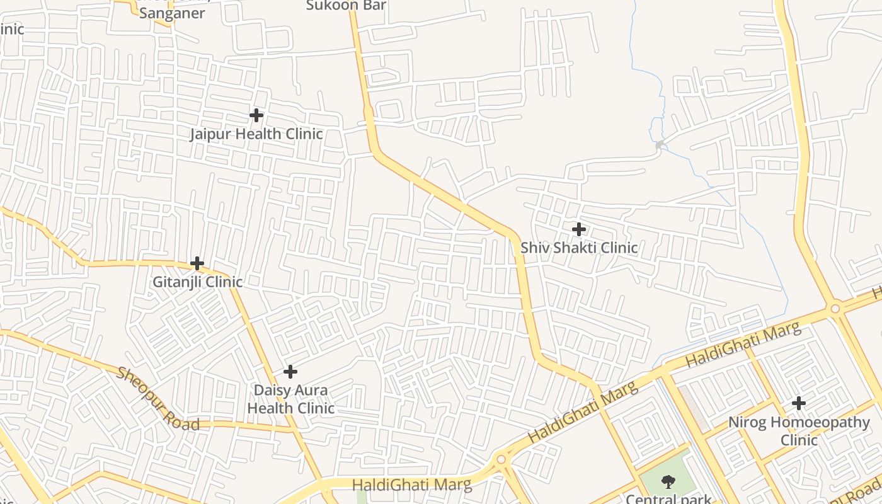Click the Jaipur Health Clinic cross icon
click(x=256, y=115)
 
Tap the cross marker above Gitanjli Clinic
click(x=197, y=263)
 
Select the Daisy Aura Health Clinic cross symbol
click(x=290, y=372)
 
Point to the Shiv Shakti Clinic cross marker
click(x=578, y=229)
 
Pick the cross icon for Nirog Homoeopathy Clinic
click(x=798, y=403)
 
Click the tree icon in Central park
click(x=668, y=483)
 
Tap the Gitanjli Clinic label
click(x=197, y=282)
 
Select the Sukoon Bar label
click(x=346, y=6)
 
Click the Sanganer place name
click(x=172, y=13)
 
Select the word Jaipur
click(x=211, y=134)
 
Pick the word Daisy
click(x=273, y=390)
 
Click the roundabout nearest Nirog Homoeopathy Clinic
click(x=835, y=309)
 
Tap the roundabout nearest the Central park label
click(x=501, y=460)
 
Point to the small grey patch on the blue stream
click(x=660, y=146)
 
